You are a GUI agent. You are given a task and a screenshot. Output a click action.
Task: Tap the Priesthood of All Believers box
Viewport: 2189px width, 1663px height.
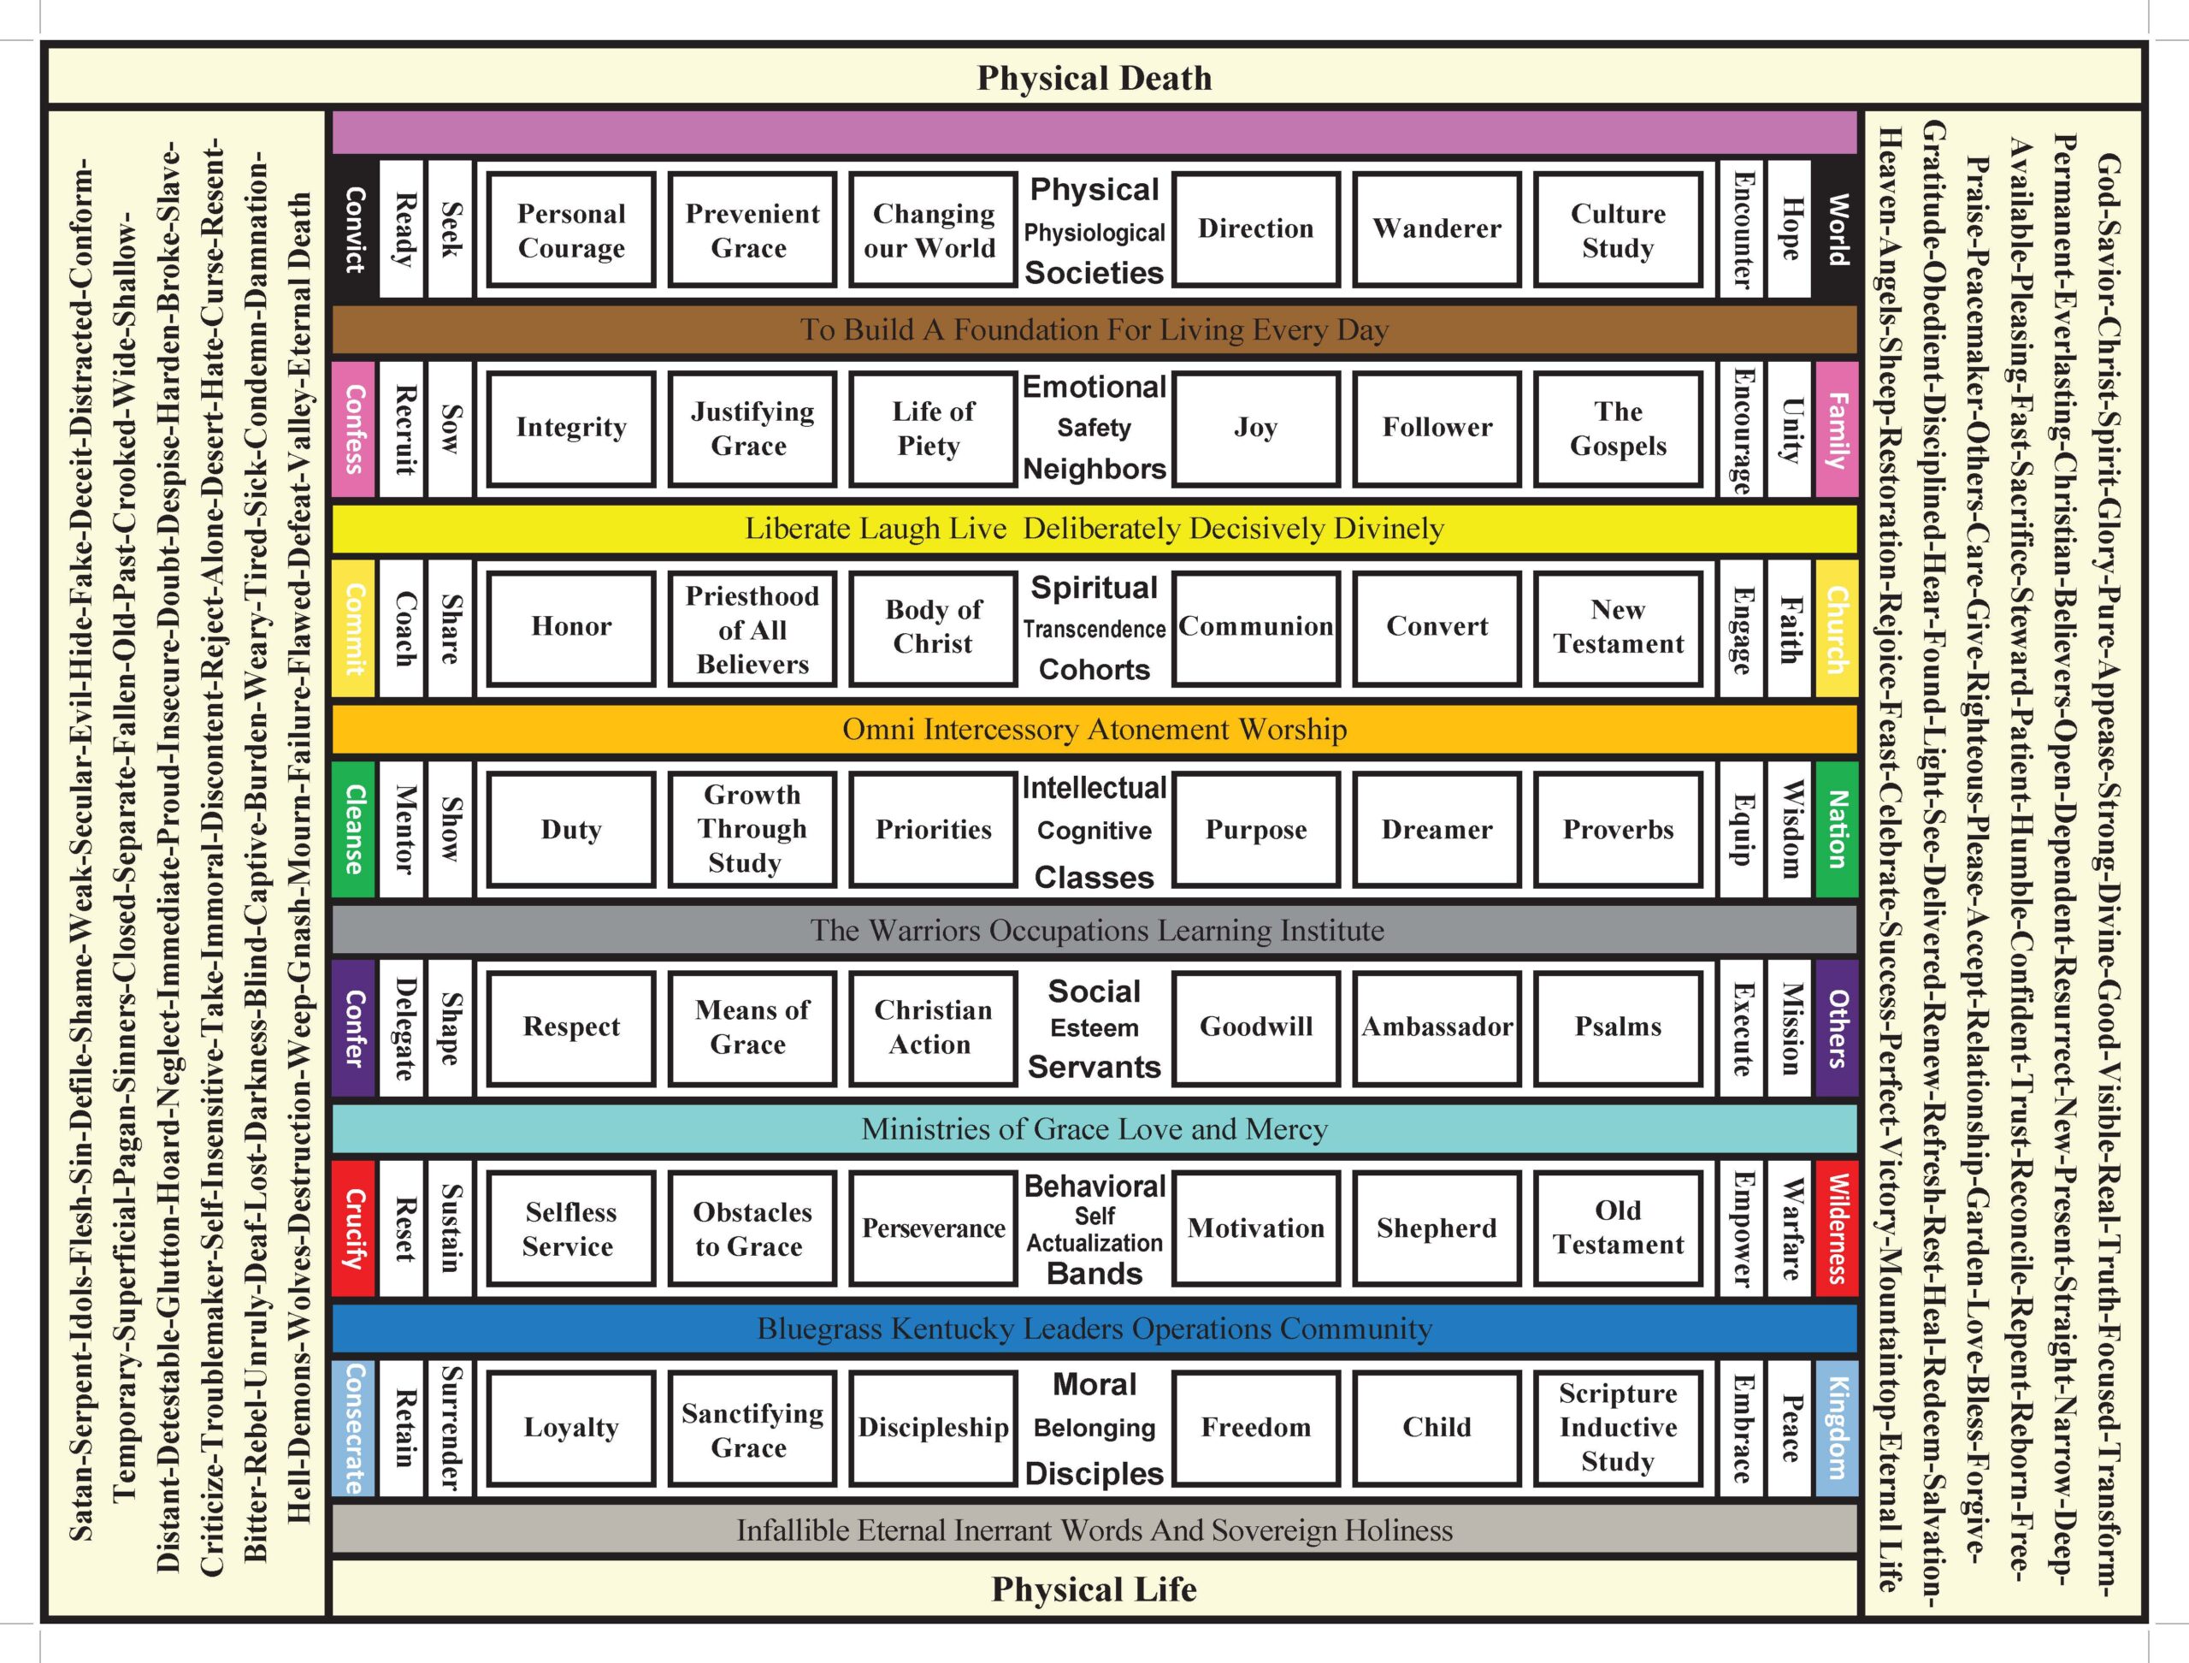coord(752,630)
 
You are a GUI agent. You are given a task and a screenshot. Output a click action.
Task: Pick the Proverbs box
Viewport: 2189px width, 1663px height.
coord(1617,830)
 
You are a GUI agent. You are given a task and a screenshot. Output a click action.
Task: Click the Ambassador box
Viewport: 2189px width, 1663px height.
coord(1436,1027)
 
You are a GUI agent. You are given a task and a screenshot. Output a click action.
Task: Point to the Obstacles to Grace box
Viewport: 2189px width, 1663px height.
coord(752,1228)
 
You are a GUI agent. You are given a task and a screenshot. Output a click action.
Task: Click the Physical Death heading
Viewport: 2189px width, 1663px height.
coord(1094,78)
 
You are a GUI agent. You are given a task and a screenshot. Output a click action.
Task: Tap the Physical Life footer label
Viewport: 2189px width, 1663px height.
coord(1094,1589)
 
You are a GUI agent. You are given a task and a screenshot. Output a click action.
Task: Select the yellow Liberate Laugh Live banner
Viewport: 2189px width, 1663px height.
coord(1094,529)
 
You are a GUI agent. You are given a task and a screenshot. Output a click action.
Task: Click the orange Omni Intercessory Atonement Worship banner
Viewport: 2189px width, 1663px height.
coord(1094,730)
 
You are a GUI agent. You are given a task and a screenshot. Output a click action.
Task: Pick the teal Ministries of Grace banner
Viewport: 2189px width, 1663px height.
coord(1094,1128)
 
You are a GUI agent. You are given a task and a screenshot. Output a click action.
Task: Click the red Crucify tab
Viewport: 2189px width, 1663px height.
coord(354,1228)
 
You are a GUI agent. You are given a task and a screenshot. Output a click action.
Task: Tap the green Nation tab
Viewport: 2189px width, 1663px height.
coord(1836,830)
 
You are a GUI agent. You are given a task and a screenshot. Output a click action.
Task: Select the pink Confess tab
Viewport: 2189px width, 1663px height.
coord(354,429)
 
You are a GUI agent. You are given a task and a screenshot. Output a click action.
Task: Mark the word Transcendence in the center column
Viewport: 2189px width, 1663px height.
coord(1094,630)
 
